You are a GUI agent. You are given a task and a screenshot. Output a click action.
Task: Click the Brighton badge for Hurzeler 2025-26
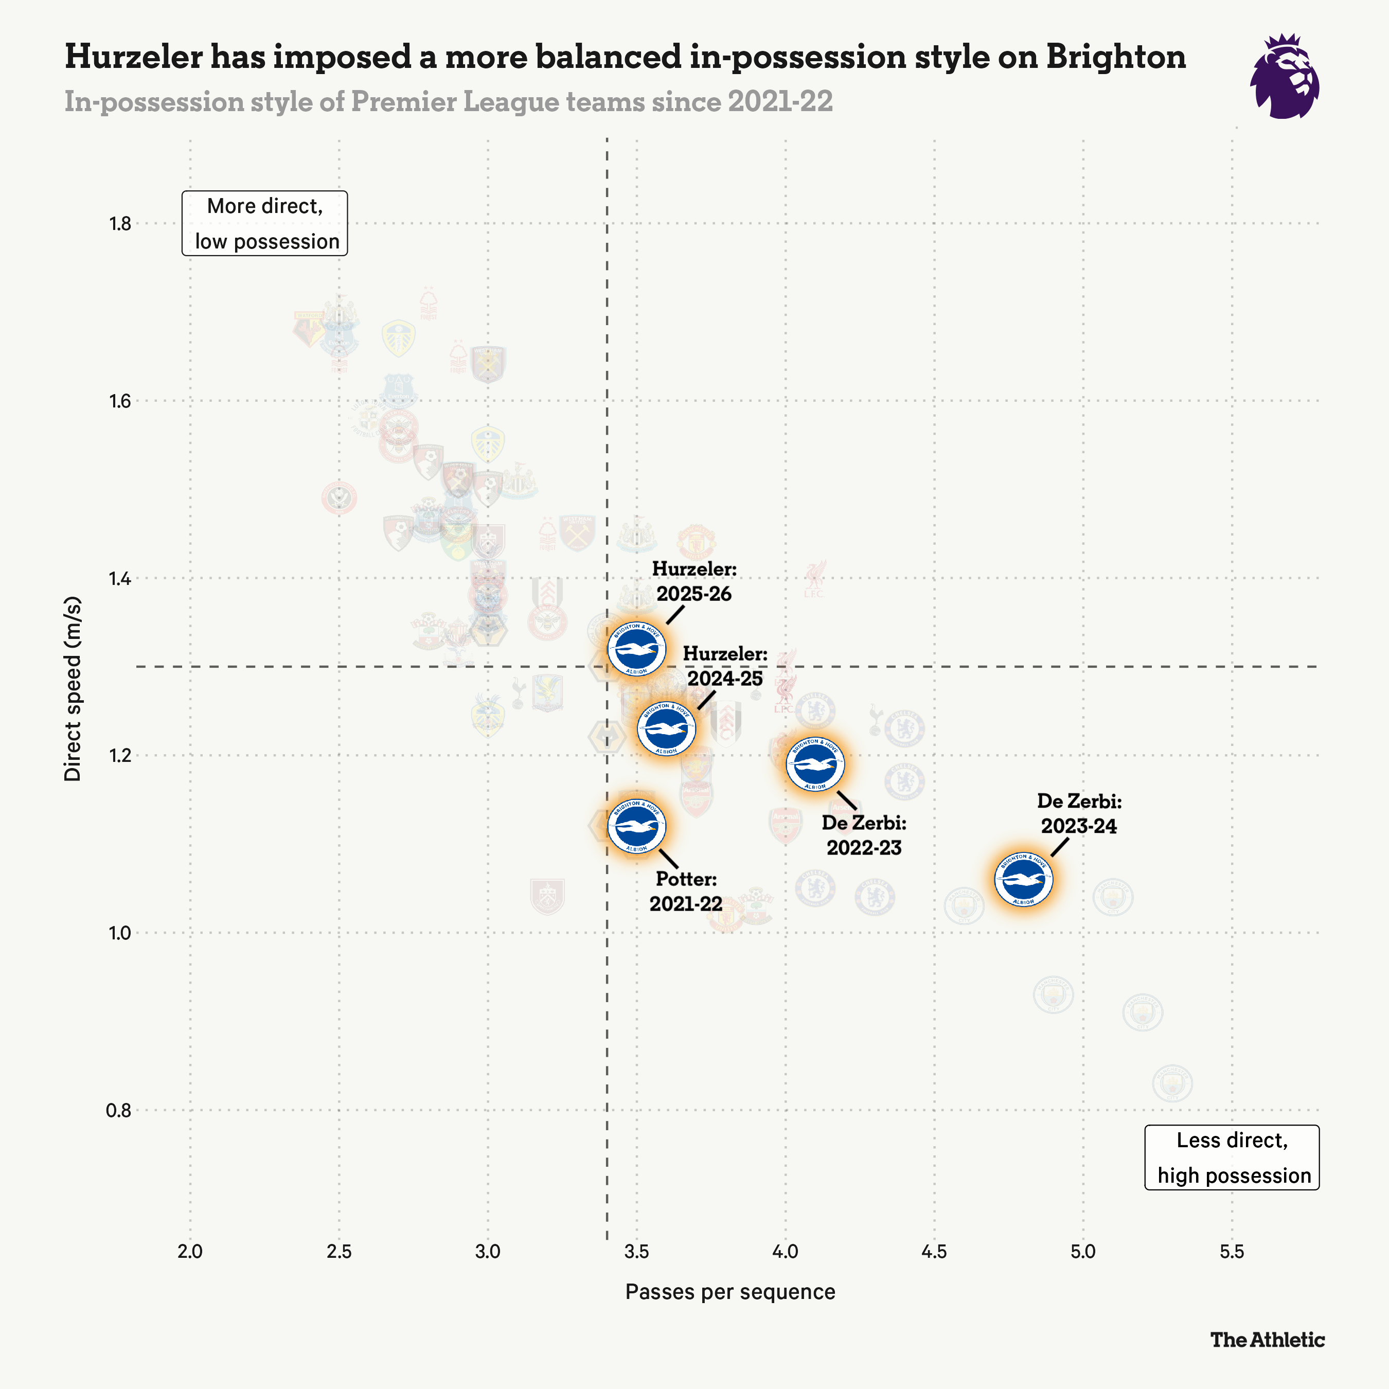(636, 649)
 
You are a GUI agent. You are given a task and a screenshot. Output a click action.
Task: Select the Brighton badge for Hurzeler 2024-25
(666, 729)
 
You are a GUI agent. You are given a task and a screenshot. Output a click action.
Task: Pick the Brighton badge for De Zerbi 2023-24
(1023, 879)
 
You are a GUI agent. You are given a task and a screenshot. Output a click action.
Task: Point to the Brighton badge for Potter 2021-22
(636, 826)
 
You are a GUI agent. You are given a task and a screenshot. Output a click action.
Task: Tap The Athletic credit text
(1267, 1340)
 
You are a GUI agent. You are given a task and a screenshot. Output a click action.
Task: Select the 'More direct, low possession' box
(264, 224)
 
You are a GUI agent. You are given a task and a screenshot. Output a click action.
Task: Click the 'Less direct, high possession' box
(1232, 1157)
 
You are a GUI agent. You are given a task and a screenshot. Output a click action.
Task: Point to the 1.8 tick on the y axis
(120, 224)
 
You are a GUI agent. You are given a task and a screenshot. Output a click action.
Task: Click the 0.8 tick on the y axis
(119, 1111)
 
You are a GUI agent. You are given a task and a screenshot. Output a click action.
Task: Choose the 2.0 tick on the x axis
(190, 1252)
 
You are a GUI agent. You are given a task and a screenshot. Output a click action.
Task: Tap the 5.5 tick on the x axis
(1232, 1252)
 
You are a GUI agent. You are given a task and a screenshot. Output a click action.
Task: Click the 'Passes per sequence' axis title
(729, 1292)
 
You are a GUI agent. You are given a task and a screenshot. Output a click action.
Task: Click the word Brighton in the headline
(1115, 57)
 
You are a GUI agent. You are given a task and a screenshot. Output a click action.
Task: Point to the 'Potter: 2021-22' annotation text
(686, 892)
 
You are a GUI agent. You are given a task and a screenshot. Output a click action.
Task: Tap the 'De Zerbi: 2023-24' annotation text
(1078, 813)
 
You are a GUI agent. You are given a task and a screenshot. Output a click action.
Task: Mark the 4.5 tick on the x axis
(934, 1252)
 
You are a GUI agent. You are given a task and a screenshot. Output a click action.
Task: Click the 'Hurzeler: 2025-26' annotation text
(694, 581)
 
